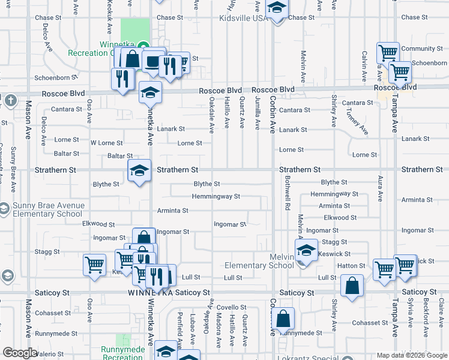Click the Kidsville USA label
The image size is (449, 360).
(x=243, y=19)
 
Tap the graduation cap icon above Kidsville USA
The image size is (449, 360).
(x=276, y=8)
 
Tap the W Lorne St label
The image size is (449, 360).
(x=106, y=143)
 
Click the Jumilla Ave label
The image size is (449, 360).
(x=258, y=114)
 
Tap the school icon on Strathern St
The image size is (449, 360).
(x=139, y=172)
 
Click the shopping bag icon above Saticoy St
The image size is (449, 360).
(x=352, y=286)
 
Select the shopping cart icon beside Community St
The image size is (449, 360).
(x=388, y=53)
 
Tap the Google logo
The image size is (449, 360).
(x=20, y=353)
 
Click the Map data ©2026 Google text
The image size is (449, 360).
(x=412, y=355)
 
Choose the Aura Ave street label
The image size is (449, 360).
(x=380, y=188)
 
